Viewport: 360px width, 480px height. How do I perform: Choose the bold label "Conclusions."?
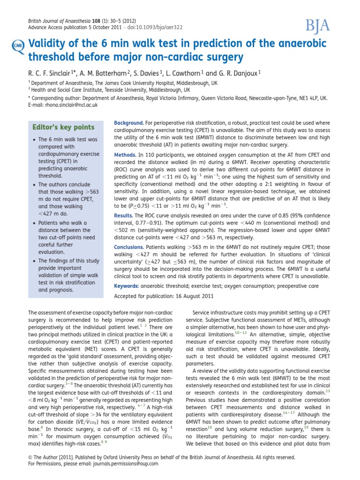(x=129, y=247)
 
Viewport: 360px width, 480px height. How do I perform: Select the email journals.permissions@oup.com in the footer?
(x=119, y=464)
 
